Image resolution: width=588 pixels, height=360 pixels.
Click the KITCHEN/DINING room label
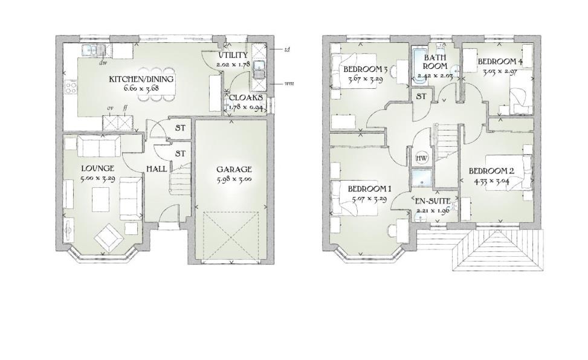141,79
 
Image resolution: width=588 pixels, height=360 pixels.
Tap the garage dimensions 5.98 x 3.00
234,179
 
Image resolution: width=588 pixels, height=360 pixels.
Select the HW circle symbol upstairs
422,158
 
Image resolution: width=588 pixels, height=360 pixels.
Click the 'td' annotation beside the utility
286,50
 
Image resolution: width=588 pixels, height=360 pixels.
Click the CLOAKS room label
246,97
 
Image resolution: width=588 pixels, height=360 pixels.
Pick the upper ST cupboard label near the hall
180,128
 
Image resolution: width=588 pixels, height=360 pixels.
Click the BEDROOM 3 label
366,69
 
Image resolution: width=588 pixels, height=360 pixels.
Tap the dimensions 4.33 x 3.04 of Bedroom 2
491,180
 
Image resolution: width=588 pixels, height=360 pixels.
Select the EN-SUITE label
432,200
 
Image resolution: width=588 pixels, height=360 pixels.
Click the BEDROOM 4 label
500,62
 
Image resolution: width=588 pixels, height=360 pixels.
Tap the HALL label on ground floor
157,169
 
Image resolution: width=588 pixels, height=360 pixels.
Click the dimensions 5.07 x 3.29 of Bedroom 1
370,199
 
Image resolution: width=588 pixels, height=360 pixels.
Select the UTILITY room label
233,56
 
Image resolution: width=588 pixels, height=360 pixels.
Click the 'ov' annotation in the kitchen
111,108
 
